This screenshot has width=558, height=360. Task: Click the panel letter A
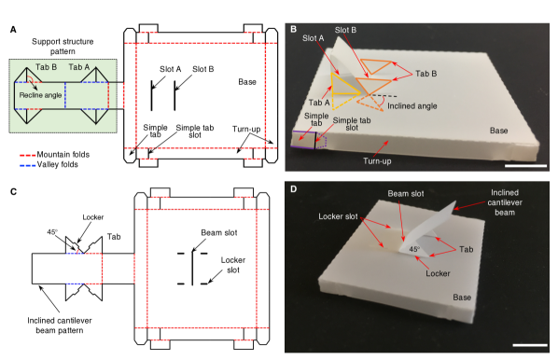pos(13,30)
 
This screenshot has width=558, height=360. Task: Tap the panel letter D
pos(294,189)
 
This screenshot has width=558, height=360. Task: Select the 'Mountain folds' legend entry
pos(54,155)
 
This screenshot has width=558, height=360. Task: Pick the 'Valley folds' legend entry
pos(49,165)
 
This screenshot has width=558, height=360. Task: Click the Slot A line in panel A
pos(151,95)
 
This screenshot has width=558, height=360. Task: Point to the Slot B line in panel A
pos(174,95)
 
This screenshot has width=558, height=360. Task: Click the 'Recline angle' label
pos(40,95)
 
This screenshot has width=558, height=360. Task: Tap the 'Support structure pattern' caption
pos(63,47)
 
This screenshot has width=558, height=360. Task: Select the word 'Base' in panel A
pos(247,82)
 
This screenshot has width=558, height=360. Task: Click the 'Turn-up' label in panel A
pos(246,129)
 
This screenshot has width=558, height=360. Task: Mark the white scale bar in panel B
pos(525,166)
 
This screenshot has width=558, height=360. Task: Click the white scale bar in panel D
pos(530,345)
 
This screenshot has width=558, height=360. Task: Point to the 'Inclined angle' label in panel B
pos(412,106)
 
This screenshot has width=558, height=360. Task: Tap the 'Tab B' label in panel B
pos(426,74)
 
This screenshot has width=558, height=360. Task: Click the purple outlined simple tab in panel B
pos(303,140)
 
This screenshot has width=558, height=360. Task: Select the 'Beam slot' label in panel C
pos(219,232)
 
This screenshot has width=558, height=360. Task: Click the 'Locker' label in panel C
pos(93,217)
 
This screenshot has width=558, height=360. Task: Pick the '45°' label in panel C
pos(52,232)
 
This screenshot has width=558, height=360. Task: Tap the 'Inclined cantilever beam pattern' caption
pos(60,325)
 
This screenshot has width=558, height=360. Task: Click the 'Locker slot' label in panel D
pos(338,216)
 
